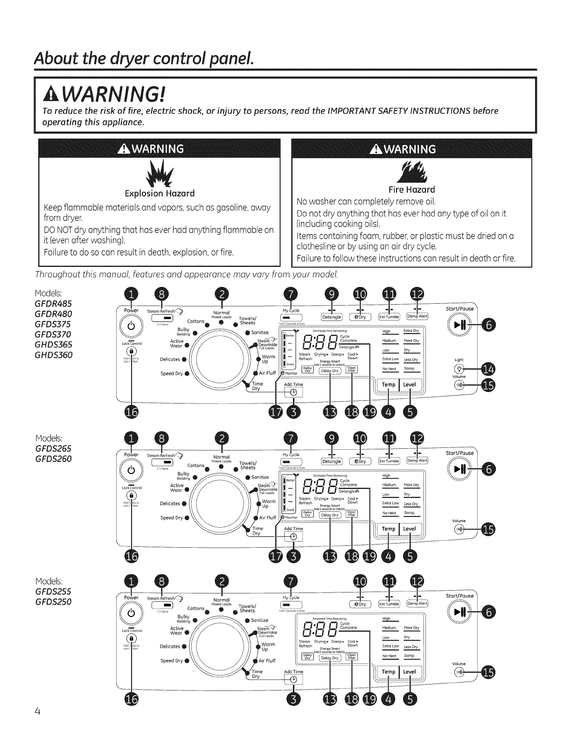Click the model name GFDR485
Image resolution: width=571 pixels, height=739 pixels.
click(53, 303)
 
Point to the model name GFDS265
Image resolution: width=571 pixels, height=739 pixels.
click(53, 448)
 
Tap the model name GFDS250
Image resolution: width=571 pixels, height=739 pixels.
click(53, 601)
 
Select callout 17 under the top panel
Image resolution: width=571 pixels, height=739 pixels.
click(277, 411)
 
